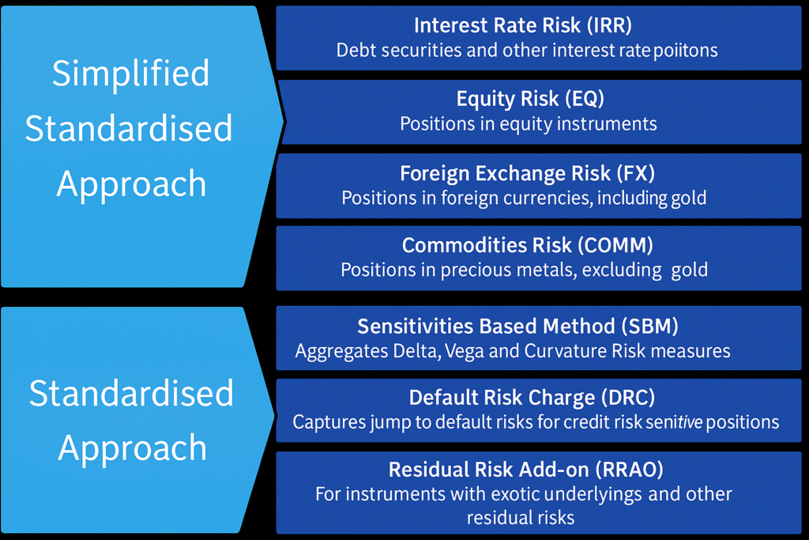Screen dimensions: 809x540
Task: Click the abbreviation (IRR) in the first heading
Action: [x=609, y=25]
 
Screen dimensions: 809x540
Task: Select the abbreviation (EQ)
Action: [x=585, y=99]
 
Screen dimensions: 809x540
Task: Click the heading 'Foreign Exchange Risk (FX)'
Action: [x=527, y=173]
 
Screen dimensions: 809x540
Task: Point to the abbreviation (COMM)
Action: [x=615, y=245]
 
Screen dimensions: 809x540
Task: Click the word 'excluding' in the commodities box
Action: [x=622, y=270]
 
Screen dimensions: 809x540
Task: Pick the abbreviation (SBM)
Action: [x=649, y=327]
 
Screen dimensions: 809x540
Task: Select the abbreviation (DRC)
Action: [x=628, y=398]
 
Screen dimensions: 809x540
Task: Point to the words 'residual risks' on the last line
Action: [x=521, y=518]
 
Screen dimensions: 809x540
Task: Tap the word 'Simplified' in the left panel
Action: [x=130, y=74]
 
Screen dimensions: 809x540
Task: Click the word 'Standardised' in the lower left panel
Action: [x=131, y=394]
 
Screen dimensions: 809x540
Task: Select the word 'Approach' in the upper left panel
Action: [x=131, y=184]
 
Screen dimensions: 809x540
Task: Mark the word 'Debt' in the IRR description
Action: [x=355, y=51]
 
